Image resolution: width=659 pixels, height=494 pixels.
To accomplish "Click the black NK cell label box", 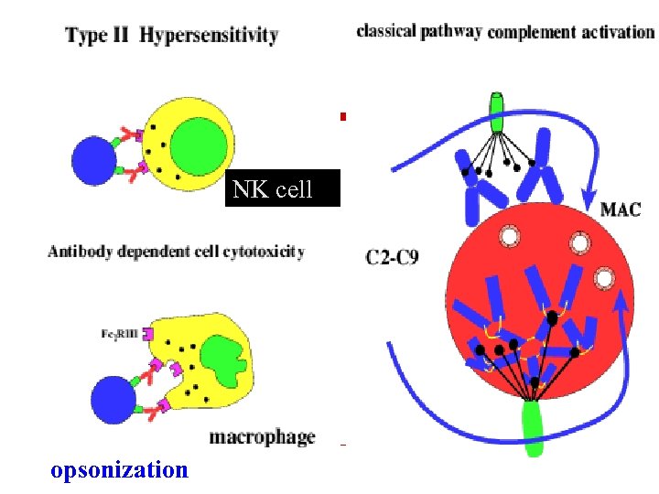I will click(x=283, y=188).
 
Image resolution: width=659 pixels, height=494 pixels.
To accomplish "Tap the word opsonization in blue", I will click(x=121, y=470).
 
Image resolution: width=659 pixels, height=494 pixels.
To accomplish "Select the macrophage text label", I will click(x=262, y=437).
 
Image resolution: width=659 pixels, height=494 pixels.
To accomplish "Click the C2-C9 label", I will click(x=393, y=257).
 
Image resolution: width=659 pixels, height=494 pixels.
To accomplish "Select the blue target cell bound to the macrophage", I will click(x=114, y=398).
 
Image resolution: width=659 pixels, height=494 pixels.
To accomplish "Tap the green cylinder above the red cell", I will click(x=496, y=113).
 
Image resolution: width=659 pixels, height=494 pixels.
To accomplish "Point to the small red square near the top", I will click(x=343, y=116).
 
